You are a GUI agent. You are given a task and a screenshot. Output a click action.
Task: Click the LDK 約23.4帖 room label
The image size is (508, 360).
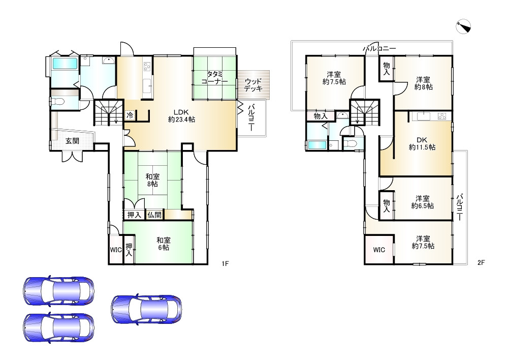(181, 116)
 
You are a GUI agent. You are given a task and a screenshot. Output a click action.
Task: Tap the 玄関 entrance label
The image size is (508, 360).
(72, 141)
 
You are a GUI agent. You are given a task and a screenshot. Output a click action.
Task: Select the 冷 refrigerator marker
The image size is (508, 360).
(130, 115)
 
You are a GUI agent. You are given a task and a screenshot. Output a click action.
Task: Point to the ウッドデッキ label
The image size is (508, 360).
(252, 84)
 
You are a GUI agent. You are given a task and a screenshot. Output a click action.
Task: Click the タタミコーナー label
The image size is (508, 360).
(214, 78)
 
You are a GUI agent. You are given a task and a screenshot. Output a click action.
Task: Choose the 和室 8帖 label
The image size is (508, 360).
(152, 181)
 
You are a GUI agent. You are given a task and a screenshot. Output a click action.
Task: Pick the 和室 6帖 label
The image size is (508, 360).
(163, 244)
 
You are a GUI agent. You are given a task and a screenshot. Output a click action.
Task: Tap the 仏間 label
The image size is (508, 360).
(154, 215)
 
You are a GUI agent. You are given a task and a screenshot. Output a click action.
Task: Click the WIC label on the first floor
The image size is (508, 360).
(116, 250)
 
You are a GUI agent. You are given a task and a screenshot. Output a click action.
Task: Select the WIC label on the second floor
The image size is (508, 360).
(379, 250)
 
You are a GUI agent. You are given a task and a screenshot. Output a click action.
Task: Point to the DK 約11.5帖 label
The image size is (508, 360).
(422, 144)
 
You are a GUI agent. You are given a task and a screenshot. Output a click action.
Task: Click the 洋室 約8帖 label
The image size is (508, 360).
(424, 83)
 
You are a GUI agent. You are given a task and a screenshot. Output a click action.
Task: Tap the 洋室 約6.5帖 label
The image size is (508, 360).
(423, 202)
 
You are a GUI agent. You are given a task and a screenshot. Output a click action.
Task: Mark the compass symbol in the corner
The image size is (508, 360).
(463, 26)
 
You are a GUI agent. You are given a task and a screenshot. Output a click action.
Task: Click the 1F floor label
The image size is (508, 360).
(225, 263)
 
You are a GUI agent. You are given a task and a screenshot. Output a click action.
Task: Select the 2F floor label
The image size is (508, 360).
(481, 263)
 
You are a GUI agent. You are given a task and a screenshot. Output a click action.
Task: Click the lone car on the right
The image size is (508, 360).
(146, 309)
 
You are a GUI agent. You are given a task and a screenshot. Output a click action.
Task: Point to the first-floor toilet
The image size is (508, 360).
(58, 102)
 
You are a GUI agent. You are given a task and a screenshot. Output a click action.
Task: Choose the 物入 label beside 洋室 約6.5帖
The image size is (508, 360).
(387, 206)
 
